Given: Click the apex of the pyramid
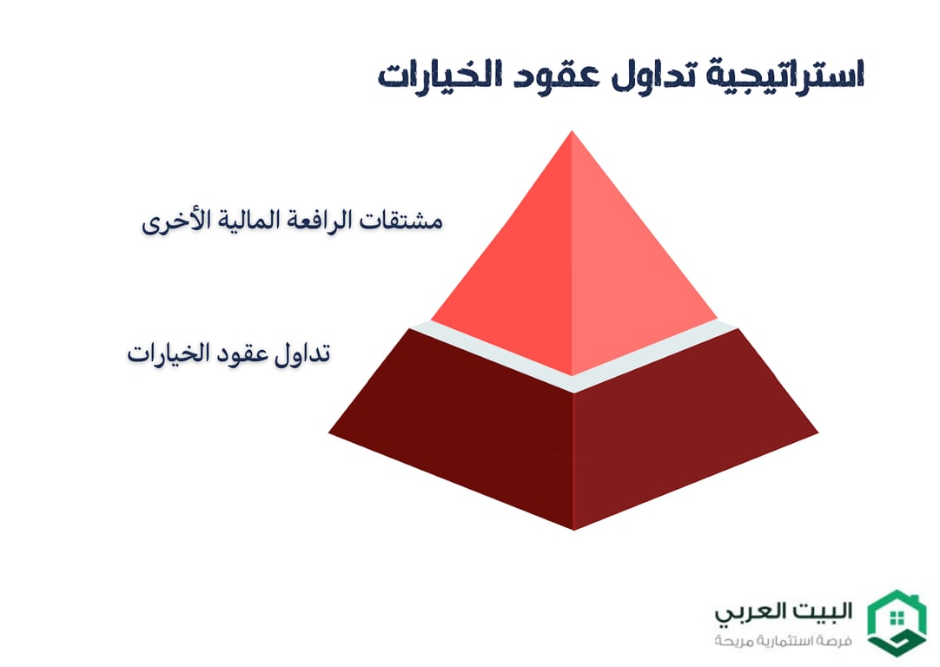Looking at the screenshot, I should (x=572, y=135).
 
